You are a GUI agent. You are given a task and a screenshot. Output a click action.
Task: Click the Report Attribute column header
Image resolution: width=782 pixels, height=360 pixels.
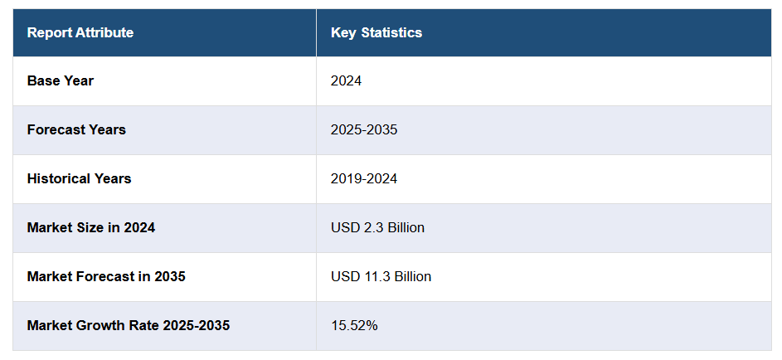tap(80, 33)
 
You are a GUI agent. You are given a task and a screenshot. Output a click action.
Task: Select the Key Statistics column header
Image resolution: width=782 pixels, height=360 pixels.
tap(376, 33)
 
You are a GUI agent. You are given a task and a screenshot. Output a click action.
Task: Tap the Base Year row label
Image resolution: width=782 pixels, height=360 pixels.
tap(61, 81)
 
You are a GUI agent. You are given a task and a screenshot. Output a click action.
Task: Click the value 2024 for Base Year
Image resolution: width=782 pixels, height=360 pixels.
tap(347, 81)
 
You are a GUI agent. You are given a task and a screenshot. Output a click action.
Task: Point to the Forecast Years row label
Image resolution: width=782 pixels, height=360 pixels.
tap(76, 130)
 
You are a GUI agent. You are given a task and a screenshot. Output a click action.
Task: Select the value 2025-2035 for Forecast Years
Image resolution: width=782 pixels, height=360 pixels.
tap(364, 130)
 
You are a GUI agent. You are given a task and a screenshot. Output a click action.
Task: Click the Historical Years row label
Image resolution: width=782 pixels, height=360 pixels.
tap(79, 179)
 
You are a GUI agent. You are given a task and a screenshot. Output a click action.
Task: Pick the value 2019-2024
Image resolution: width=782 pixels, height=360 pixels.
tap(364, 179)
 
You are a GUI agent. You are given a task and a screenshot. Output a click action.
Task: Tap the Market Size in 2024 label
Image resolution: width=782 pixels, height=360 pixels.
tap(91, 228)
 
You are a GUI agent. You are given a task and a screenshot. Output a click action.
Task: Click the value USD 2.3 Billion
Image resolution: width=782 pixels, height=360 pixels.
tap(377, 228)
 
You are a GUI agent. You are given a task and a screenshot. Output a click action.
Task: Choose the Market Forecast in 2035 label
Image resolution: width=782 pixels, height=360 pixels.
tap(106, 277)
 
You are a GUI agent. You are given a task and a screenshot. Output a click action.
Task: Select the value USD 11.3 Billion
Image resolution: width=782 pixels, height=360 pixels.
tap(381, 277)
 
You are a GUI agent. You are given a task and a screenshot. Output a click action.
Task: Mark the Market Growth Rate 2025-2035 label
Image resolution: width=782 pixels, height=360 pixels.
tap(129, 326)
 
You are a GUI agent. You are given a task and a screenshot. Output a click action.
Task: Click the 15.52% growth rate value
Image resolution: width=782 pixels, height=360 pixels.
tap(354, 326)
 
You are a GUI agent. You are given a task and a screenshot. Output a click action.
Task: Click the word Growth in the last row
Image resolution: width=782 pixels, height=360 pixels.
tap(97, 326)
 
